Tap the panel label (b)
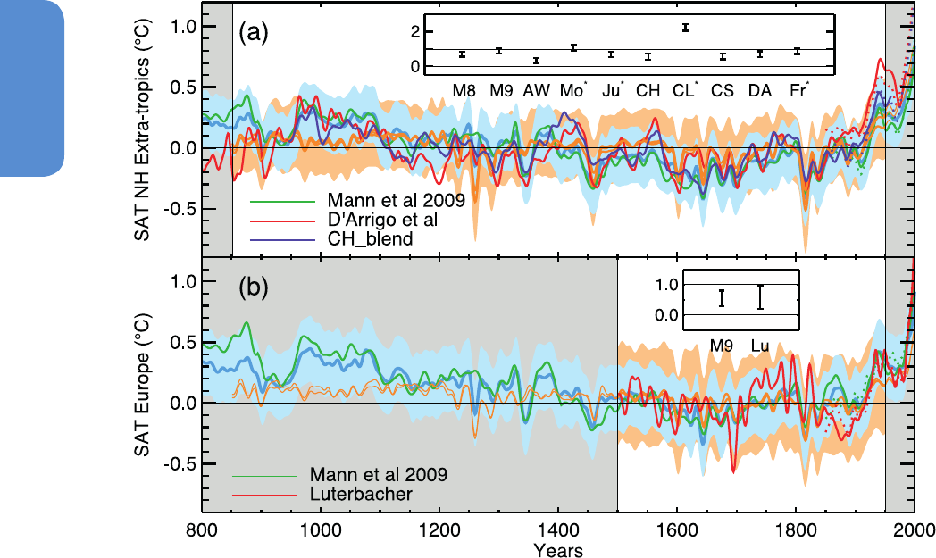pyautogui.click(x=253, y=289)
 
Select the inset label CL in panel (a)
pyautogui.click(x=684, y=89)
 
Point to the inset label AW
pyautogui.click(x=536, y=89)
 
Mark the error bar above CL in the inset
pyautogui.click(x=685, y=28)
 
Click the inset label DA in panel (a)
pyautogui.click(x=760, y=89)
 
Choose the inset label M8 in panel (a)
pyautogui.click(x=464, y=89)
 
